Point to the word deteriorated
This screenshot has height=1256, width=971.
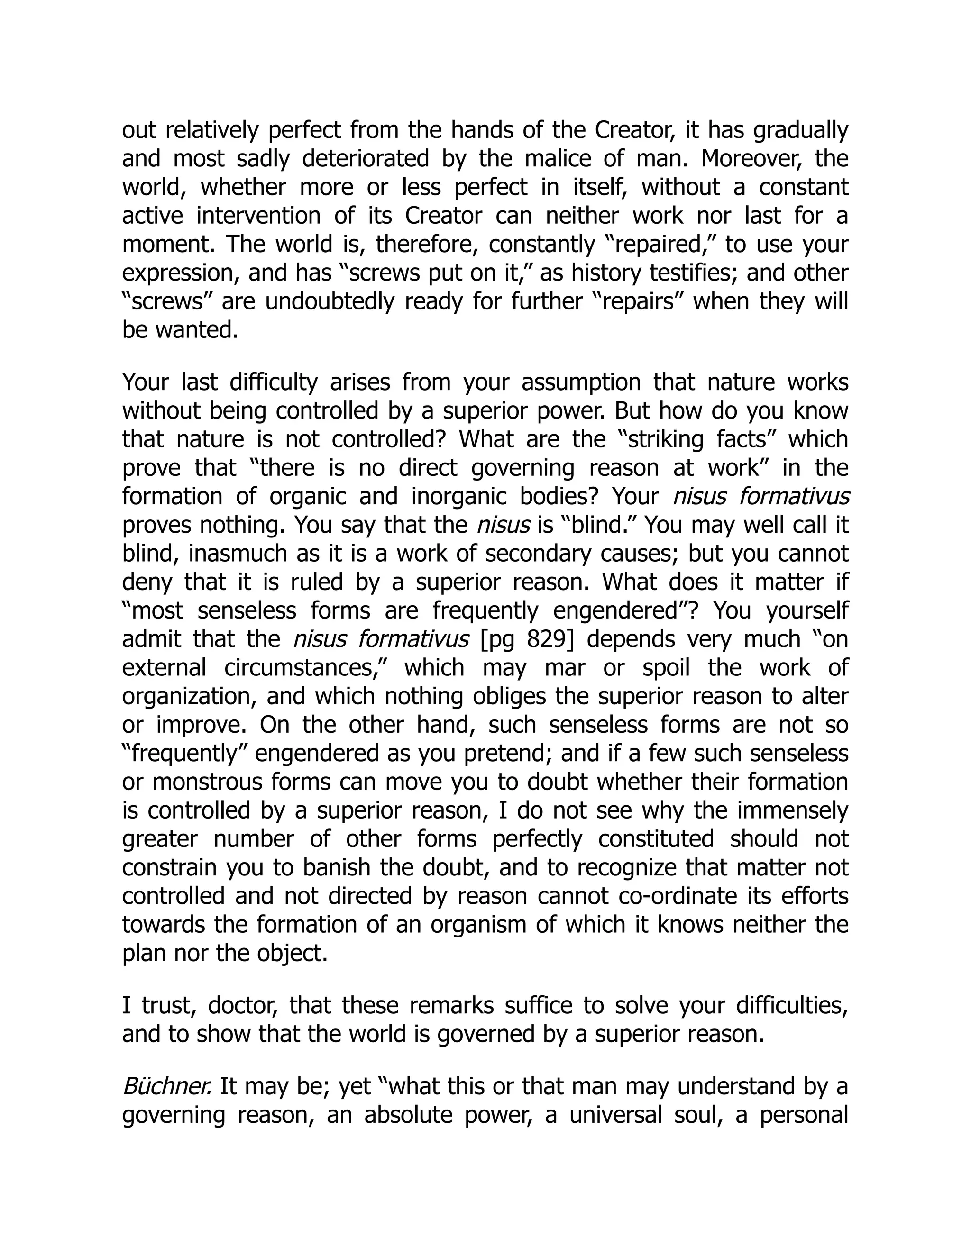point(365,159)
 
